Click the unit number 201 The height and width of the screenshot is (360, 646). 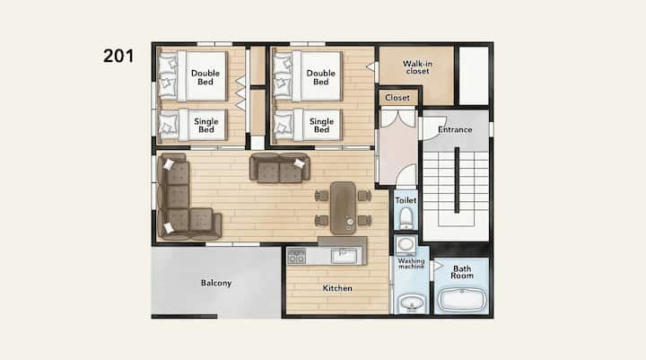(118, 56)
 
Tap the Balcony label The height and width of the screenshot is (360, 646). (216, 283)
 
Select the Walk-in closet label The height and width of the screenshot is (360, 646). (417, 67)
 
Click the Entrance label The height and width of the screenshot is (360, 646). (455, 129)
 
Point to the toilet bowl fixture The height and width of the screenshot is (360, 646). (406, 218)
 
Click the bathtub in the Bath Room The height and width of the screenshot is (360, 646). (462, 299)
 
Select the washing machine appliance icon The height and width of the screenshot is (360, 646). (406, 245)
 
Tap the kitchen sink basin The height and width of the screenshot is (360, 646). (344, 256)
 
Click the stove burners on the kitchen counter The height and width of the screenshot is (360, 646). (297, 256)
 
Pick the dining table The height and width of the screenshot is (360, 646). (343, 208)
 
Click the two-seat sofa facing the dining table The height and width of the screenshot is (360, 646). (280, 167)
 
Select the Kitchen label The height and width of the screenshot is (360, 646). (337, 288)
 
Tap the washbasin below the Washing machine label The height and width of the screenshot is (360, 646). (410, 303)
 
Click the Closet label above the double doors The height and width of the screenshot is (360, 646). (397, 98)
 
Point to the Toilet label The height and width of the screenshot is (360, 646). (406, 200)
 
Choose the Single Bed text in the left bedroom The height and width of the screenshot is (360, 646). (206, 126)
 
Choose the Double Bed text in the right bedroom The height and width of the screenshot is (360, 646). (320, 77)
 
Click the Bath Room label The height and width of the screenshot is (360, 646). (462, 272)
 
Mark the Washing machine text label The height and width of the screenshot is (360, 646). (411, 264)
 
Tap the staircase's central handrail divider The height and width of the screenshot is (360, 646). (457, 180)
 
